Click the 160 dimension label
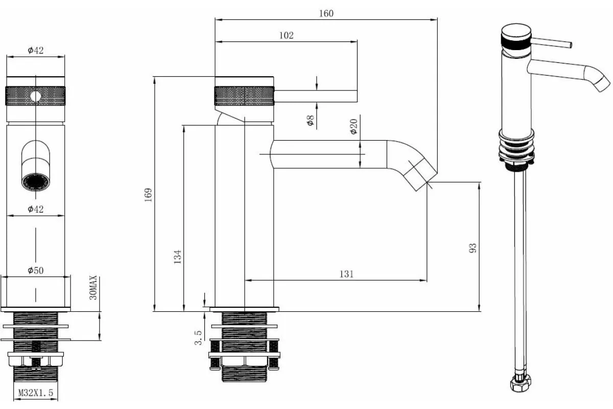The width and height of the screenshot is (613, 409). coord(326,13)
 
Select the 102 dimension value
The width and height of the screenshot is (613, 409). coord(286,35)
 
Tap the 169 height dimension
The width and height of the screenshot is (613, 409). coord(148,195)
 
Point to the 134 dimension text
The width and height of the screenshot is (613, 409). coord(178,257)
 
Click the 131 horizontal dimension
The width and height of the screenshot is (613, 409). coord(346,274)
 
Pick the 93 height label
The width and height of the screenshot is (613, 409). coord(473,248)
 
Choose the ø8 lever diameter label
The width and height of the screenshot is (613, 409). coord(311,120)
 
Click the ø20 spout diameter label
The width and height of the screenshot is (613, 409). coord(353,127)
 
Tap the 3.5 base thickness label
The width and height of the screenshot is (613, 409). coord(198,337)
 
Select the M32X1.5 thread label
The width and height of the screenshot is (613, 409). coord(36,393)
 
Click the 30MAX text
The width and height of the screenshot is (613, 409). coord(93,288)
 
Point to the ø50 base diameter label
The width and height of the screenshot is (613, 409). coord(36,270)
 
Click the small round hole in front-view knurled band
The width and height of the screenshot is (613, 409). coord(36,96)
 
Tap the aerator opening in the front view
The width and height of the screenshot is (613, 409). coord(36,181)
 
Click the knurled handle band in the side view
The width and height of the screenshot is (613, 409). coord(244,96)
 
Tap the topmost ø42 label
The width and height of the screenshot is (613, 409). coord(36,50)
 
